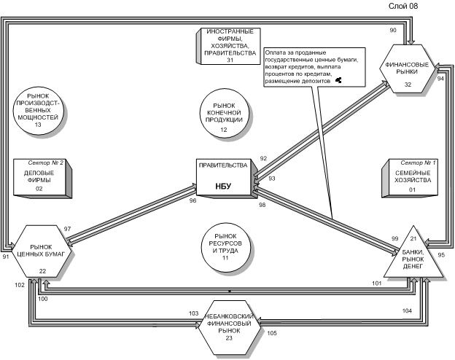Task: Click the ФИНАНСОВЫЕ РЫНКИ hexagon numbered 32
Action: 408,69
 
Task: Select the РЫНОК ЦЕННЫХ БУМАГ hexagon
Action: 41,251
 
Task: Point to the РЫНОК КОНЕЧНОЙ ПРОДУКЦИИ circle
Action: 225,115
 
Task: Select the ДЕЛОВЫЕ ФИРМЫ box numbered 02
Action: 42,179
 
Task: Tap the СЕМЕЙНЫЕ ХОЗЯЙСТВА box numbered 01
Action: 410,178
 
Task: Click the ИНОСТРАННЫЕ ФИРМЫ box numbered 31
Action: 228,46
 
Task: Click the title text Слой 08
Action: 403,6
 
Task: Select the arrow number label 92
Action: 263,158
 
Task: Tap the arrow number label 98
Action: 262,205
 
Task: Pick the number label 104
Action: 407,310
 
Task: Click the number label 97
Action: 67,229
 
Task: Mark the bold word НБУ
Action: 223,186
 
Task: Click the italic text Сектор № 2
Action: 45,163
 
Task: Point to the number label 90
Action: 393,30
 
